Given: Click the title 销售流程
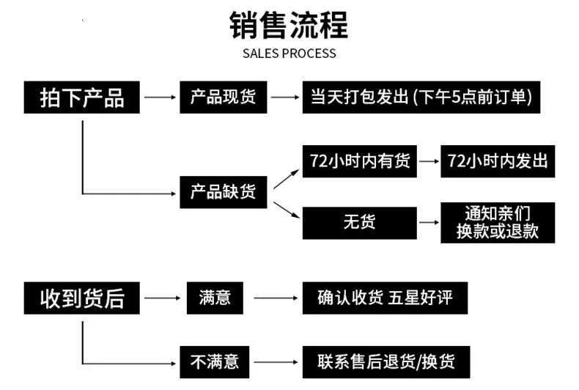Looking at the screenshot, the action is pyautogui.click(x=289, y=25).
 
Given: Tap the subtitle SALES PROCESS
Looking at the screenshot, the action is pyautogui.click(x=289, y=54).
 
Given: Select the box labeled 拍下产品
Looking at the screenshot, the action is pyautogui.click(x=81, y=97).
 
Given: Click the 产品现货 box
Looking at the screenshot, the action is pyautogui.click(x=223, y=97).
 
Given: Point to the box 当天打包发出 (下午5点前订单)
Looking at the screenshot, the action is pyautogui.click(x=421, y=97).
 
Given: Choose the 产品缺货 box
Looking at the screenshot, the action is pyautogui.click(x=223, y=192).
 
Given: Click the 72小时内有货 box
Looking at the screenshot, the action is pyautogui.click(x=359, y=161).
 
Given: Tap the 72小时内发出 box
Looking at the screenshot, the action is pyautogui.click(x=498, y=161).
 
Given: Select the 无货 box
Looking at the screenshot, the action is pyautogui.click(x=359, y=223).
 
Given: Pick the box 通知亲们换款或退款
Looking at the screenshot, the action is pyautogui.click(x=498, y=223).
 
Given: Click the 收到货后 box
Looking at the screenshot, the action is pyautogui.click(x=81, y=298).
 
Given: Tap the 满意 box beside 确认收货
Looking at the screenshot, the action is pyautogui.click(x=215, y=298).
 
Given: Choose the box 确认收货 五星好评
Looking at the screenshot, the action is pyautogui.click(x=385, y=298).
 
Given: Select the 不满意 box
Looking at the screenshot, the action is pyautogui.click(x=215, y=362).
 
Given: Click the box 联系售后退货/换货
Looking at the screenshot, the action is pyautogui.click(x=386, y=362).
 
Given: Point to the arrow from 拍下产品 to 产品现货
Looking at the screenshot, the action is pyautogui.click(x=160, y=97).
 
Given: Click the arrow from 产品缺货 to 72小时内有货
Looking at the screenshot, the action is pyautogui.click(x=286, y=179).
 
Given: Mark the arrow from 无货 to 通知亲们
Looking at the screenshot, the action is pyautogui.click(x=429, y=222).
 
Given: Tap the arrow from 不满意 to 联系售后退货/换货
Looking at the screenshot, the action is pyautogui.click(x=276, y=362).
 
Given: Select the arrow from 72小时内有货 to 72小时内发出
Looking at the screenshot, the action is pyautogui.click(x=429, y=161).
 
